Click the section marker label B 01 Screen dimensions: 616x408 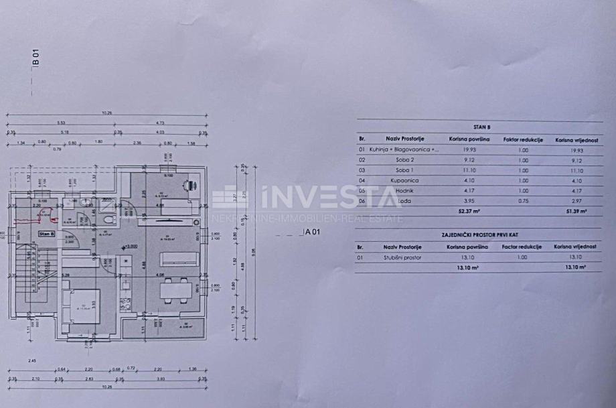[36, 56]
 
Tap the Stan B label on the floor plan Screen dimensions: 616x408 [46, 234]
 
